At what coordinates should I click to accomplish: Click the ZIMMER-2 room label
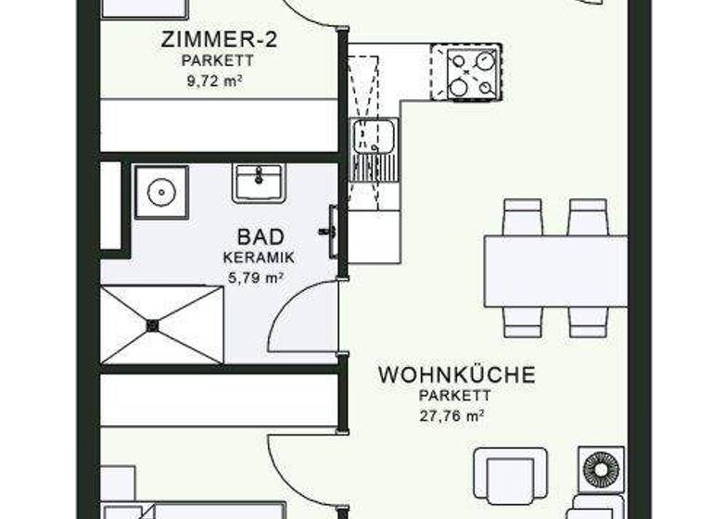(220, 39)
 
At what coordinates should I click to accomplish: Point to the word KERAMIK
(259, 257)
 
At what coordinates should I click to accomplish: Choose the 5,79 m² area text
(256, 275)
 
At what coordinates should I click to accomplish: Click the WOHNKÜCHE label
(456, 375)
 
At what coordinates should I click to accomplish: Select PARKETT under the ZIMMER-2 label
(219, 60)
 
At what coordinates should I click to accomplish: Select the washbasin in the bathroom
(259, 182)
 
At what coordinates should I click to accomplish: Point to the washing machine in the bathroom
(160, 192)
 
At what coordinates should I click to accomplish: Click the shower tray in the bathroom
(162, 324)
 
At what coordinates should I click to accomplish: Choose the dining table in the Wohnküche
(555, 271)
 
